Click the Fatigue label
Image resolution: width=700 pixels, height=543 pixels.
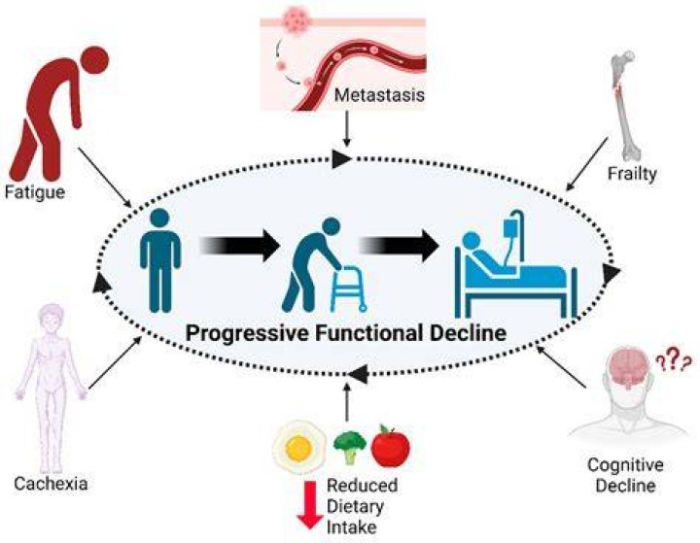tap(35, 193)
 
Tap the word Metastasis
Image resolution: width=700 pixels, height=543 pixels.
tap(379, 95)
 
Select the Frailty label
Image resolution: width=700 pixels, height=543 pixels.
tap(632, 174)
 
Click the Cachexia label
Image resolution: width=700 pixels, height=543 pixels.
tap(51, 484)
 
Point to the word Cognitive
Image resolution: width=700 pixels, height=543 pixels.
tap(625, 465)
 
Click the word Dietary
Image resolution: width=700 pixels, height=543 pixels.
tap(356, 507)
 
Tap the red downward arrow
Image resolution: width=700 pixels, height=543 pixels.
tap(310, 505)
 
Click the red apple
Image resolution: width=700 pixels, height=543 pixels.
tap(391, 446)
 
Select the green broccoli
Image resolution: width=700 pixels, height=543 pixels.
tap(350, 447)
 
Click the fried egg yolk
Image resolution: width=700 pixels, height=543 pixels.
tap(298, 448)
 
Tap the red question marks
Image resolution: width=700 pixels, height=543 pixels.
tap(673, 357)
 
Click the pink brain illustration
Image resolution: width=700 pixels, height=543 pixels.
tap(629, 366)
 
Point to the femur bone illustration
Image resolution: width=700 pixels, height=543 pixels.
tap(626, 105)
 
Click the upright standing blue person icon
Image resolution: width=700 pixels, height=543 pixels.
tap(160, 260)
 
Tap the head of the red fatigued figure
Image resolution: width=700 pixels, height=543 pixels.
tap(95, 58)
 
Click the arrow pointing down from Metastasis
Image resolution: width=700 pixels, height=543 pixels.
tap(347, 128)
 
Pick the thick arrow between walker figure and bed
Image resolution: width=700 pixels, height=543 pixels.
tap(399, 246)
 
